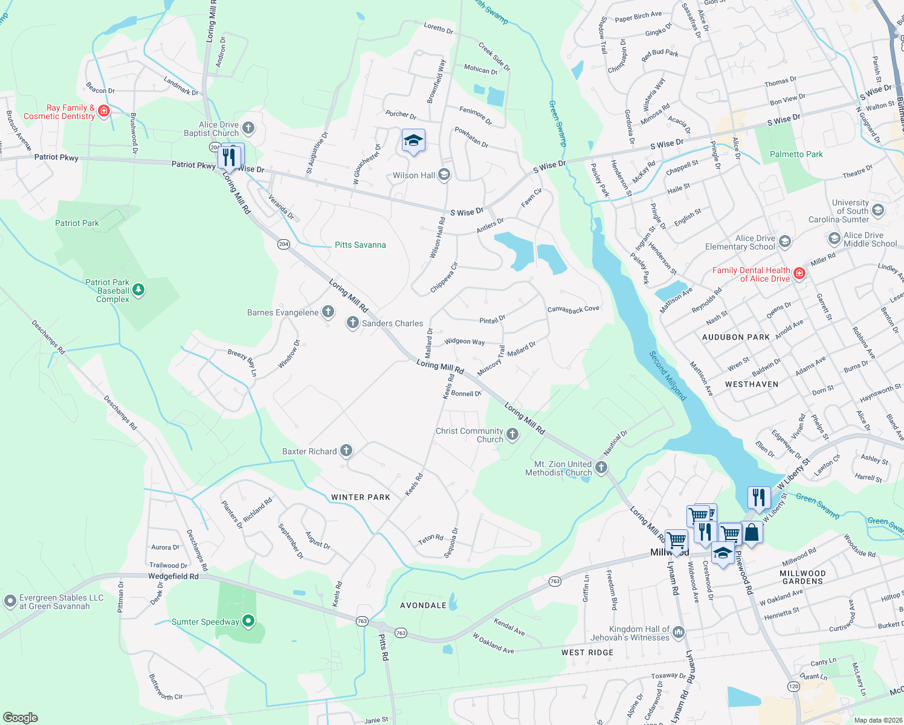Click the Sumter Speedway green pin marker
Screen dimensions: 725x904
coord(248,621)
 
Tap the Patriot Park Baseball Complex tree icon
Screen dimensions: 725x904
coord(138,291)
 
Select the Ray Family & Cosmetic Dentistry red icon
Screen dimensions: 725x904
coord(104,111)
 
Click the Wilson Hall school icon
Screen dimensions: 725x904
coord(444,175)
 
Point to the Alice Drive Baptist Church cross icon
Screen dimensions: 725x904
coord(248,128)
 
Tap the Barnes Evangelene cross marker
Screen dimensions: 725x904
coord(328,312)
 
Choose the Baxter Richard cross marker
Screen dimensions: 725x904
coord(346,451)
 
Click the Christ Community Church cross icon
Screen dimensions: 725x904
coord(512,434)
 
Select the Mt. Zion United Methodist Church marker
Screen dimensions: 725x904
coord(601,468)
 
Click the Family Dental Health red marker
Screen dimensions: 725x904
coord(799,274)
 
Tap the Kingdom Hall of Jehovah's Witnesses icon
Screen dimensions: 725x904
coord(679,633)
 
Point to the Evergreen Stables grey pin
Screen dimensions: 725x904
coord(10,601)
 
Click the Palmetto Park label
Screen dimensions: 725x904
coord(796,154)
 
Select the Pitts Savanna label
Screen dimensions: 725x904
coord(360,245)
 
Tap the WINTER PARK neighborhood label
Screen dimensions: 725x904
coord(360,497)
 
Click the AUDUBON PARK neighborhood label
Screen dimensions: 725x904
coord(735,337)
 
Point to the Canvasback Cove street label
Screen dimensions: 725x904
coord(573,309)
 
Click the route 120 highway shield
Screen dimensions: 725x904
coord(793,686)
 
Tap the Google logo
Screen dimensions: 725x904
coord(20,717)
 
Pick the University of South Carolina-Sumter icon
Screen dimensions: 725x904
coord(878,210)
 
